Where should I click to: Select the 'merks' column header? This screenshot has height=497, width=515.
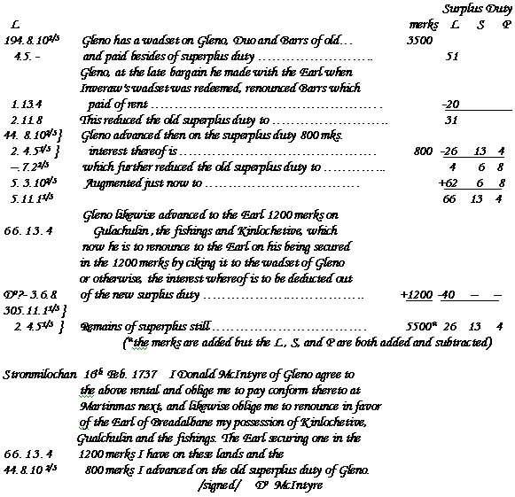(412, 25)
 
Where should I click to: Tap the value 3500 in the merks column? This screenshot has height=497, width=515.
(419, 41)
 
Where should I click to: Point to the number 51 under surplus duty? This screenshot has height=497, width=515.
(452, 56)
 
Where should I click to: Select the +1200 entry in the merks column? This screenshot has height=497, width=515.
(416, 295)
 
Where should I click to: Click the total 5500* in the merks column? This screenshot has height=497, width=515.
(419, 327)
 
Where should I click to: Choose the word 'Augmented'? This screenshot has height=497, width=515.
(116, 183)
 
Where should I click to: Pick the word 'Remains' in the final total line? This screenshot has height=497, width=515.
(100, 328)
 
